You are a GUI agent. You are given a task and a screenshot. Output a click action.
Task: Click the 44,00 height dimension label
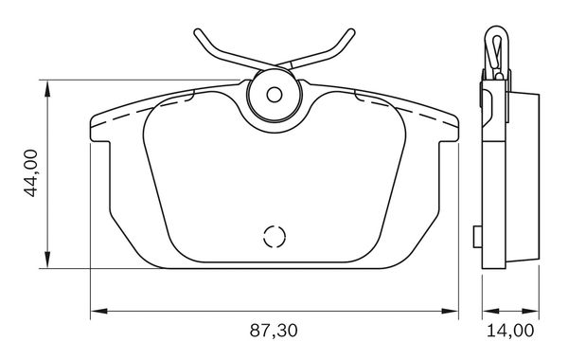(x=31, y=173)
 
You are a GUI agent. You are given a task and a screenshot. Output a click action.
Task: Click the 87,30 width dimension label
(x=274, y=331)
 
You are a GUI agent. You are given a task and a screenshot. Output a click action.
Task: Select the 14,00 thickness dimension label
(x=510, y=331)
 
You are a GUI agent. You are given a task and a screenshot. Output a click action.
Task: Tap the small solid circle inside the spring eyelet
(x=275, y=95)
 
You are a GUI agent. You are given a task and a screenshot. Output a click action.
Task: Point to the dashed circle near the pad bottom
(x=275, y=237)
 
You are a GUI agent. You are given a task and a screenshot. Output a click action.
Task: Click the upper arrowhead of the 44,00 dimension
(x=47, y=88)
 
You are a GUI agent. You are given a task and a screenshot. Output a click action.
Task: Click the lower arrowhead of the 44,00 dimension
(x=47, y=260)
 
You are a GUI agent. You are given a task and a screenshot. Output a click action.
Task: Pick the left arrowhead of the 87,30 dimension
(x=98, y=311)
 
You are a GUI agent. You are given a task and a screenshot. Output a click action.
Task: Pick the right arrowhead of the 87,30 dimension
(x=450, y=311)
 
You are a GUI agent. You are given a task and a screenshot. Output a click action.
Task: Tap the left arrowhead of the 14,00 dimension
(x=490, y=311)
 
